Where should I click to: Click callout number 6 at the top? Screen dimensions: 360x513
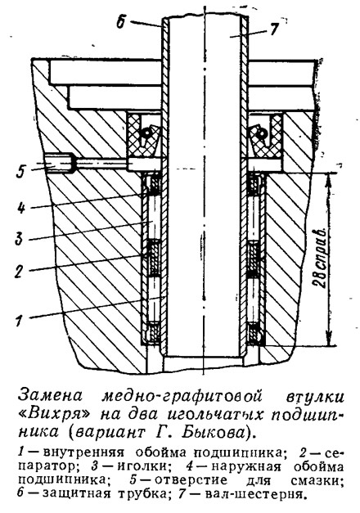[121, 23]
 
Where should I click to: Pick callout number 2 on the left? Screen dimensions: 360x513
[20, 271]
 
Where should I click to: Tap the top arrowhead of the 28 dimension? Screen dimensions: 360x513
[328, 179]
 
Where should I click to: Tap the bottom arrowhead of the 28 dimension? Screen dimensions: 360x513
[328, 340]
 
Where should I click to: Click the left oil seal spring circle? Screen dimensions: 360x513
[146, 133]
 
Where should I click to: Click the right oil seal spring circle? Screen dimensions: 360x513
[263, 133]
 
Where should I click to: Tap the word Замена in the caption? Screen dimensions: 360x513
[51, 396]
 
